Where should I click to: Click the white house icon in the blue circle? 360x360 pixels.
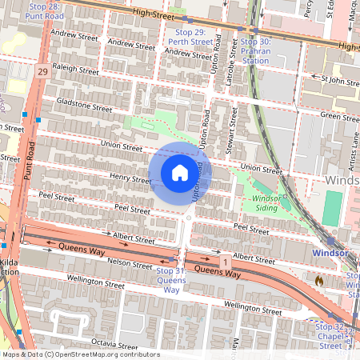pos(180,172)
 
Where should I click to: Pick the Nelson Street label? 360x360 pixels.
pos(129,263)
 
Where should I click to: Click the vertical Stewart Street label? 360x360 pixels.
pos(233,129)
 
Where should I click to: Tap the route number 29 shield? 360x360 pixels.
pos(42,72)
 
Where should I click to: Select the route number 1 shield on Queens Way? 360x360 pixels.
pos(226,262)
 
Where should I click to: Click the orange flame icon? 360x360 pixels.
pos(319,282)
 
